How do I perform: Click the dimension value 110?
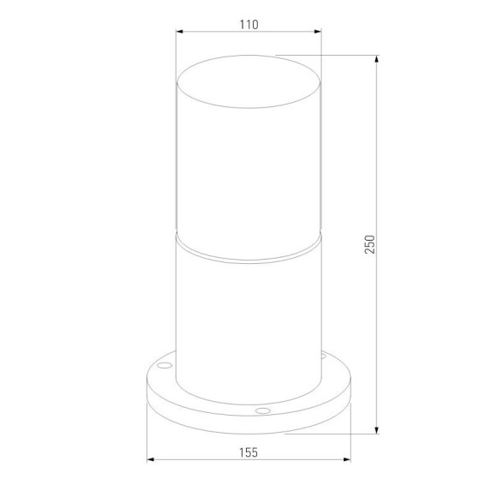[x=248, y=24]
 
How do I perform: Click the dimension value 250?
[x=369, y=244]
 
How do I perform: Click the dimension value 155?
[x=248, y=452]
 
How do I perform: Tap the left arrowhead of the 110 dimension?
[x=180, y=32]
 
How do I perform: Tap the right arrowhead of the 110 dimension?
[x=317, y=32]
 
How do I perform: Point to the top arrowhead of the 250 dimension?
[x=376, y=59]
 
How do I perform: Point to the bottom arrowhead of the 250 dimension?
[x=376, y=430]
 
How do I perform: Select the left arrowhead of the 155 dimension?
[x=151, y=459]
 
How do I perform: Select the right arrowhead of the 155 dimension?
[x=347, y=459]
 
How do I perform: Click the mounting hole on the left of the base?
[x=165, y=365]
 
